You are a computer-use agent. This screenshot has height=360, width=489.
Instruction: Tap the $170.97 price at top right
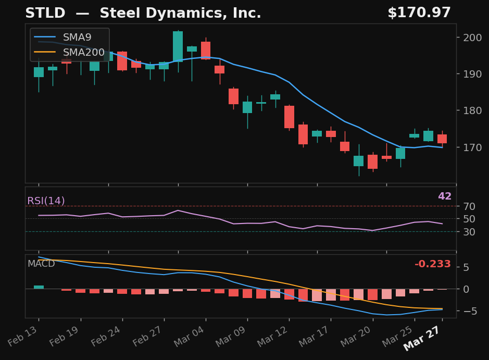point(419,14)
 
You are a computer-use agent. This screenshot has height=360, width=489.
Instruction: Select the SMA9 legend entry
point(77,38)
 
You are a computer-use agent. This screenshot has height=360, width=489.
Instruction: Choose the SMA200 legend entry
point(83,53)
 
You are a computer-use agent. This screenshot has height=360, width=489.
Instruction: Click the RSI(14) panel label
point(46,201)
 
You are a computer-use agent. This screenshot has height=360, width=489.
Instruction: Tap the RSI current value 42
point(444,196)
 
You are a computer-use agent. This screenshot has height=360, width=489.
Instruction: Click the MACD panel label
point(41,264)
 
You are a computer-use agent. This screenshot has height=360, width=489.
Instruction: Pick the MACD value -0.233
point(432,264)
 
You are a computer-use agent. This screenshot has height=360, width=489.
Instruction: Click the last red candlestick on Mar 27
point(442,139)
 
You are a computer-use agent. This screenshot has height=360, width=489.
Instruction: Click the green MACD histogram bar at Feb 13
point(39,287)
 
